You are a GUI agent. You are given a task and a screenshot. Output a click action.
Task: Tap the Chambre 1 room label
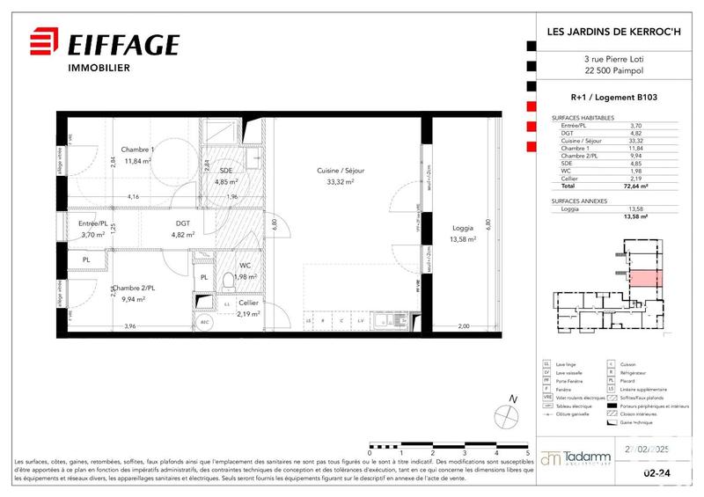point(138,150)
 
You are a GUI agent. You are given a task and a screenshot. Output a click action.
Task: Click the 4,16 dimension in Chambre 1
point(134,196)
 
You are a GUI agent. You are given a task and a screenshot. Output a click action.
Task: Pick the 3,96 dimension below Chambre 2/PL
point(130,327)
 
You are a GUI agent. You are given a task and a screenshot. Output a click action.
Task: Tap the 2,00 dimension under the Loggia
point(464,327)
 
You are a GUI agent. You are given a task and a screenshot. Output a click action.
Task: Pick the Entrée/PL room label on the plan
point(92,223)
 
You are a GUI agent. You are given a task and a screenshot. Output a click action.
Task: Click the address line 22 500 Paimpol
point(616,72)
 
